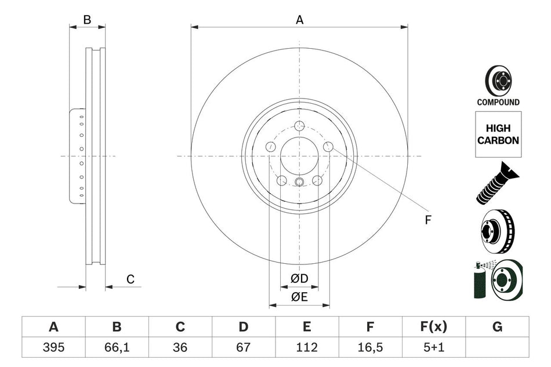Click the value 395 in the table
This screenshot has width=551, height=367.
click(x=53, y=347)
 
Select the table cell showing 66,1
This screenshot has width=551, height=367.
click(x=117, y=347)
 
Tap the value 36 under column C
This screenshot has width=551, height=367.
click(x=180, y=347)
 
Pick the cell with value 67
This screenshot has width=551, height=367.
click(x=244, y=347)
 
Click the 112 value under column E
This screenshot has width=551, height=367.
click(x=307, y=347)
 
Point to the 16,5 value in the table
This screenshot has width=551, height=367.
click(x=370, y=347)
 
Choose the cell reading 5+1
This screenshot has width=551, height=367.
click(x=434, y=347)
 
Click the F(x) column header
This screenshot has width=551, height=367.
click(x=434, y=327)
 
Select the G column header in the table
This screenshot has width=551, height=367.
click(x=497, y=327)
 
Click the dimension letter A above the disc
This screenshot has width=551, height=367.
click(x=299, y=20)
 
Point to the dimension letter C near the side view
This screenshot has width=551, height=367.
click(x=130, y=279)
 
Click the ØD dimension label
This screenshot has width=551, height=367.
click(x=299, y=279)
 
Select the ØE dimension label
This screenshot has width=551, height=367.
click(x=299, y=297)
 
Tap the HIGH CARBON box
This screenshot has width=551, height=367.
click(x=498, y=135)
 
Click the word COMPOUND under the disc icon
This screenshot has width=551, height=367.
click(x=498, y=102)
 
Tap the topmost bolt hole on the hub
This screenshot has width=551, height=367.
click(x=299, y=126)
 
